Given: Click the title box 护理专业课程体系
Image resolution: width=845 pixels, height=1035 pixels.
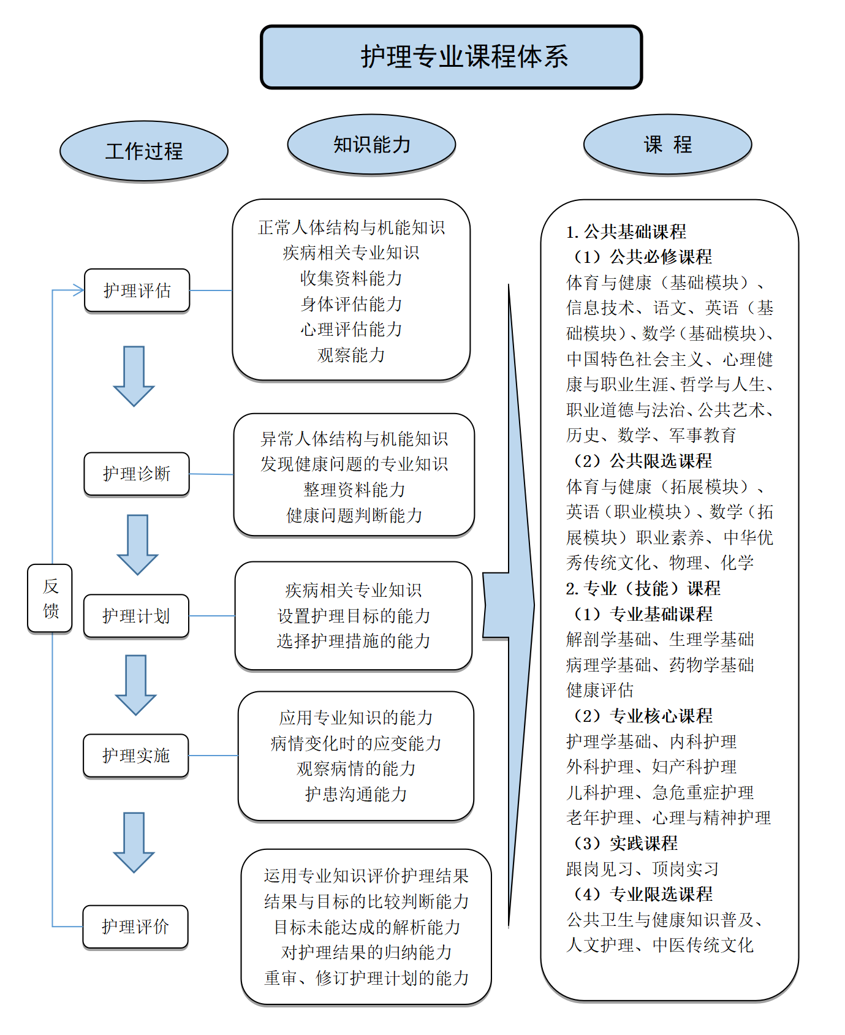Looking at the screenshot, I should pyautogui.click(x=452, y=57).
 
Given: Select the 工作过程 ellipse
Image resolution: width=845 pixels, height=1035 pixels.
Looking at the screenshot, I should pyautogui.click(x=144, y=151).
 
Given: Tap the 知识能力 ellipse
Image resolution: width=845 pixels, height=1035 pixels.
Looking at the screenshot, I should pyautogui.click(x=371, y=145).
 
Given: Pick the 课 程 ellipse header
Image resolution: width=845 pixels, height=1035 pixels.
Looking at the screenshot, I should pyautogui.click(x=667, y=145).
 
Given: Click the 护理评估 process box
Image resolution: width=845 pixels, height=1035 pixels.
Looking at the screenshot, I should pyautogui.click(x=137, y=290).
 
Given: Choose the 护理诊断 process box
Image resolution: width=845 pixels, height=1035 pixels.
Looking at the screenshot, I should pyautogui.click(x=137, y=474).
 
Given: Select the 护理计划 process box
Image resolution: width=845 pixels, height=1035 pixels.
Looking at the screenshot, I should pyautogui.click(x=136, y=616).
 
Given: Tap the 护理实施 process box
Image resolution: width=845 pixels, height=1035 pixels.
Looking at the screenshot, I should pyautogui.click(x=135, y=756).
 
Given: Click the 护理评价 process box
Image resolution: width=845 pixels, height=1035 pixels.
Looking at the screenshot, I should pyautogui.click(x=135, y=927).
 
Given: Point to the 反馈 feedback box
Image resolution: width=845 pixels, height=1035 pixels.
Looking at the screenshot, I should pyautogui.click(x=50, y=598).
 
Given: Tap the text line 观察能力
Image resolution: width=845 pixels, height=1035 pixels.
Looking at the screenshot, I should pyautogui.click(x=351, y=355).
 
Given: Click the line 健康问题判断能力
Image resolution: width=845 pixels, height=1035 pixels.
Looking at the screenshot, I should pyautogui.click(x=354, y=515).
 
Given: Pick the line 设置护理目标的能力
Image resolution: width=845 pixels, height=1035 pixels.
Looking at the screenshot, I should pyautogui.click(x=354, y=616).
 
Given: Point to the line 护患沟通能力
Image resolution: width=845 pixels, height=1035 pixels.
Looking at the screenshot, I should pyautogui.click(x=356, y=794).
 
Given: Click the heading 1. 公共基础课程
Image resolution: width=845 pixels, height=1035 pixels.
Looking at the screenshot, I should pyautogui.click(x=626, y=232).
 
